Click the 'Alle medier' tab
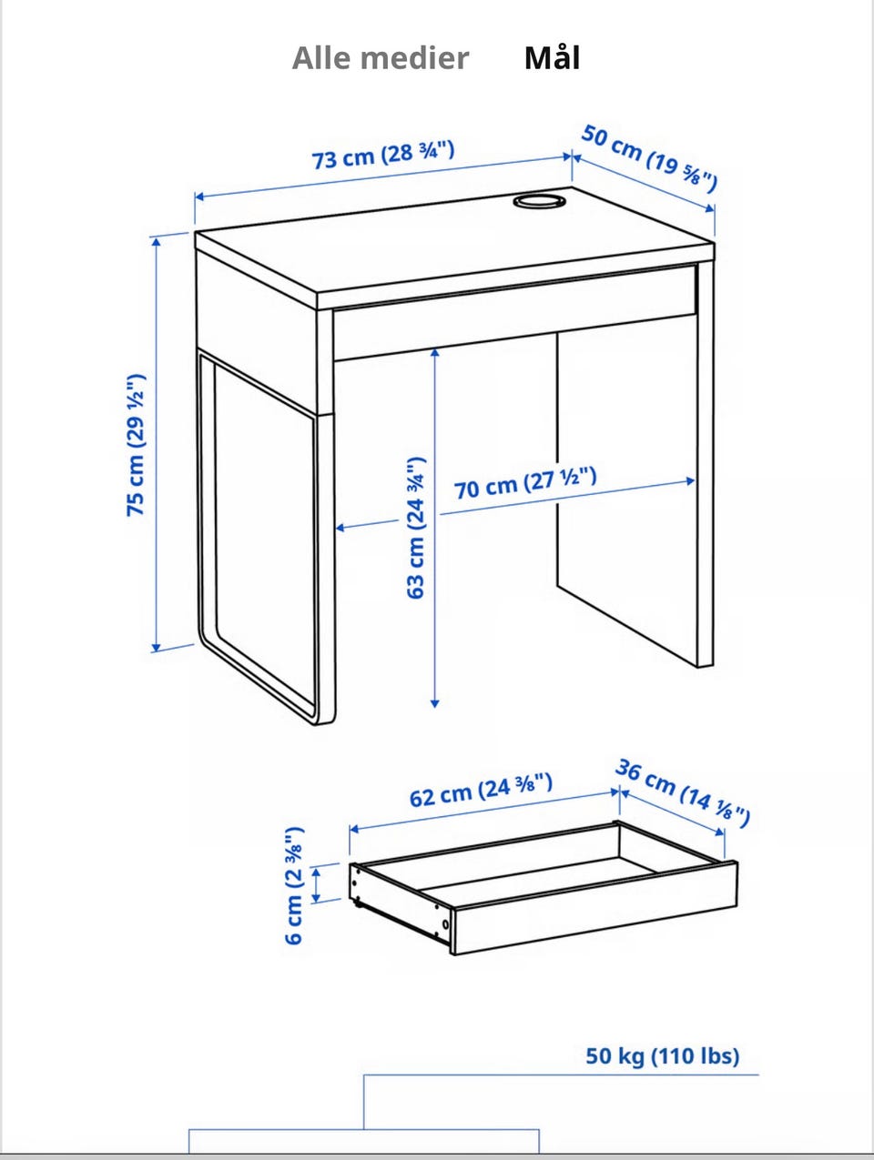[381, 57]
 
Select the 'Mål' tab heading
[552, 57]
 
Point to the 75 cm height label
[136, 445]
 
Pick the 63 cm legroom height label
[416, 528]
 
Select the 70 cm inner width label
[525, 483]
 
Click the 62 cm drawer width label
[481, 791]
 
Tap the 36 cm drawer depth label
[683, 793]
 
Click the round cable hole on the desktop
[539, 201]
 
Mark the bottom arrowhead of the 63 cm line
[434, 703]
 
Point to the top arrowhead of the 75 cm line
[156, 242]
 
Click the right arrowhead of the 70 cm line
[690, 480]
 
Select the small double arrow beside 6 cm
[316, 884]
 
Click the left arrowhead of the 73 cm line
[198, 197]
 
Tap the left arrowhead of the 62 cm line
[354, 829]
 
